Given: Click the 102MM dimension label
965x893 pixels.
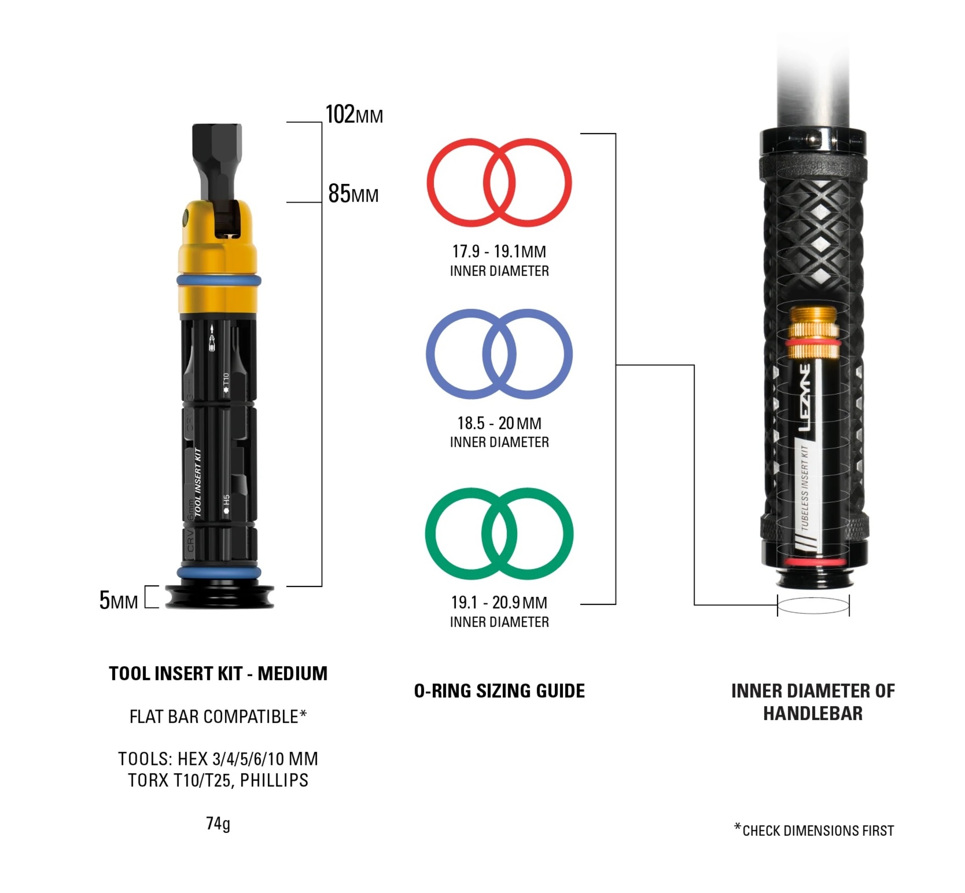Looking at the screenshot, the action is (354, 114).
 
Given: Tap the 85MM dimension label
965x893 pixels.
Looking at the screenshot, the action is (353, 193).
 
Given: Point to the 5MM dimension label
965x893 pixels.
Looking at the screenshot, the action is (119, 600).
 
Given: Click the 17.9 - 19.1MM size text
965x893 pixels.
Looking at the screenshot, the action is (499, 251).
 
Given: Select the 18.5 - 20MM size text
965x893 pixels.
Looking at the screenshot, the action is (499, 423).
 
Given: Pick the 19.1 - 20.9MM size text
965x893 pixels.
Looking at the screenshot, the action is (499, 602).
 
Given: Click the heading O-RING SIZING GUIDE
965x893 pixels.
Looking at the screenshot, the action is (499, 691).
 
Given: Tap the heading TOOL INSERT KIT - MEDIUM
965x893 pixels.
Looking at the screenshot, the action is (218, 673).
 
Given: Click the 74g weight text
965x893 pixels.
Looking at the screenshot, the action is (218, 824).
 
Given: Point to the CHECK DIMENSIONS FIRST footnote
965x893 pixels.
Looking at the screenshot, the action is (814, 830).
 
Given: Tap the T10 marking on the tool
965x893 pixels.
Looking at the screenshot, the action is (226, 383).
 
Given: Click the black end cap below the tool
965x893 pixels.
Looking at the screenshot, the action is (220, 597).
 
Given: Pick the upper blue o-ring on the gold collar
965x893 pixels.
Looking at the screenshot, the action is (219, 280).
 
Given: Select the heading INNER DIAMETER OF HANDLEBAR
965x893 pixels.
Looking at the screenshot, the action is (813, 702).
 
